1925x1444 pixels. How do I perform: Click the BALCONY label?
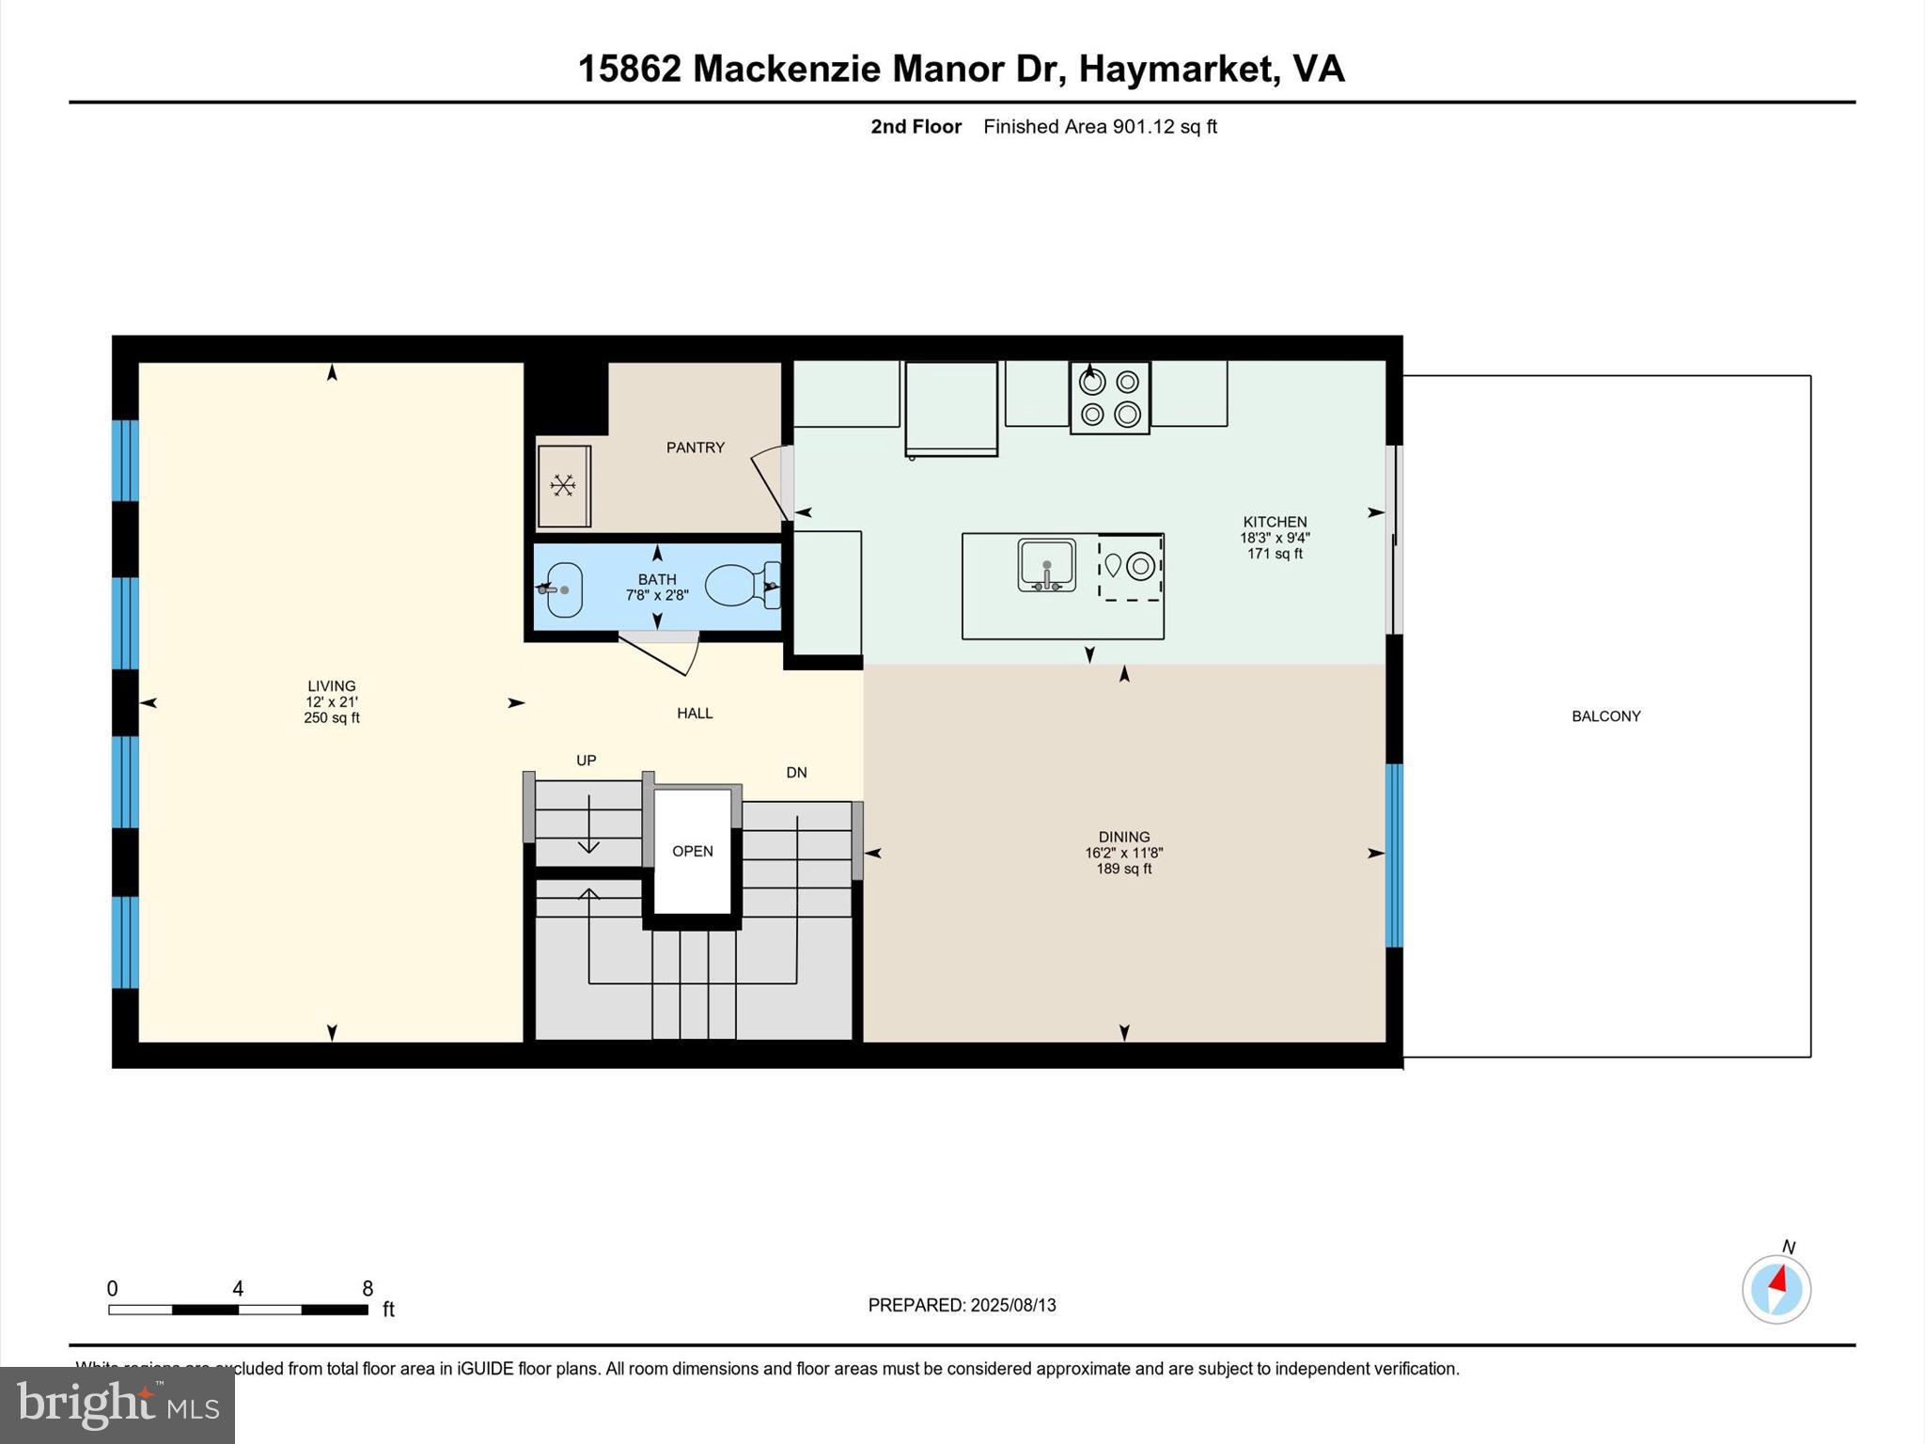point(1605,716)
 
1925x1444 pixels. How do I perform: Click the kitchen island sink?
point(1046,565)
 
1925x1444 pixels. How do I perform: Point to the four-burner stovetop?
point(1109,398)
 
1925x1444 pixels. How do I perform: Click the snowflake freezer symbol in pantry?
point(563,486)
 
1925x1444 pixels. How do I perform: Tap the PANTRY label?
point(695,447)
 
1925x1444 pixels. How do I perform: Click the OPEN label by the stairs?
point(692,851)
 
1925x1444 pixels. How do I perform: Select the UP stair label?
point(586,761)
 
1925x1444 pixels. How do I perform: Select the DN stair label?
point(796,773)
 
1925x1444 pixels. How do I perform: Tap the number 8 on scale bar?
point(368,1289)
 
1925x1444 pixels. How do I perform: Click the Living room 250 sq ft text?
point(331,718)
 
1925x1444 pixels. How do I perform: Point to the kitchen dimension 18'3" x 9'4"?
point(1274,538)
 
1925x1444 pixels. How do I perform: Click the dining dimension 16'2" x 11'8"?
point(1123,853)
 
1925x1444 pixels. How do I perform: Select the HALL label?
point(695,714)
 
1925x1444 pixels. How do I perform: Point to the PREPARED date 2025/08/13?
point(1012,1305)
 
